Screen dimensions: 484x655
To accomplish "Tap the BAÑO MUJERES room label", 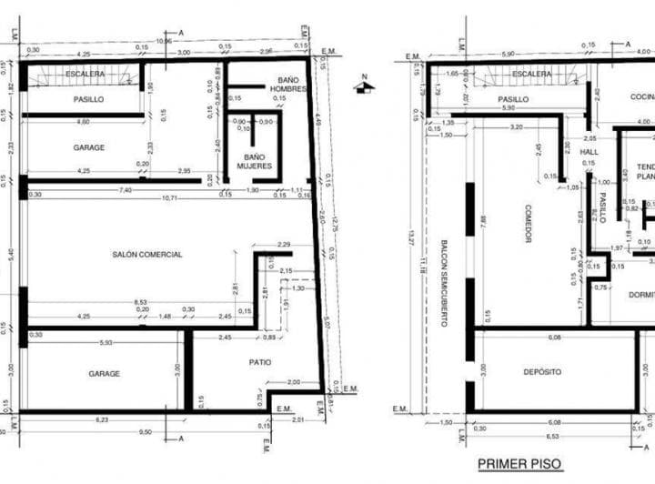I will (255, 161).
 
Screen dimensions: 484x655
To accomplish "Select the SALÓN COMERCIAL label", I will (147, 255).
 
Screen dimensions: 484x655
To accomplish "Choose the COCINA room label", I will (641, 96).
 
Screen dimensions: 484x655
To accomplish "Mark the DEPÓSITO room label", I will (542, 371).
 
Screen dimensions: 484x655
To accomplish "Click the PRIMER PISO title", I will (519, 464).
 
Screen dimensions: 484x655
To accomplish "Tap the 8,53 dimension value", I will (141, 302).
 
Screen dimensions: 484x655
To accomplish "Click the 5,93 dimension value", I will (107, 342).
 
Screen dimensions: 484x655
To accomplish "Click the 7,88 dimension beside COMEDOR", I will (482, 223).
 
